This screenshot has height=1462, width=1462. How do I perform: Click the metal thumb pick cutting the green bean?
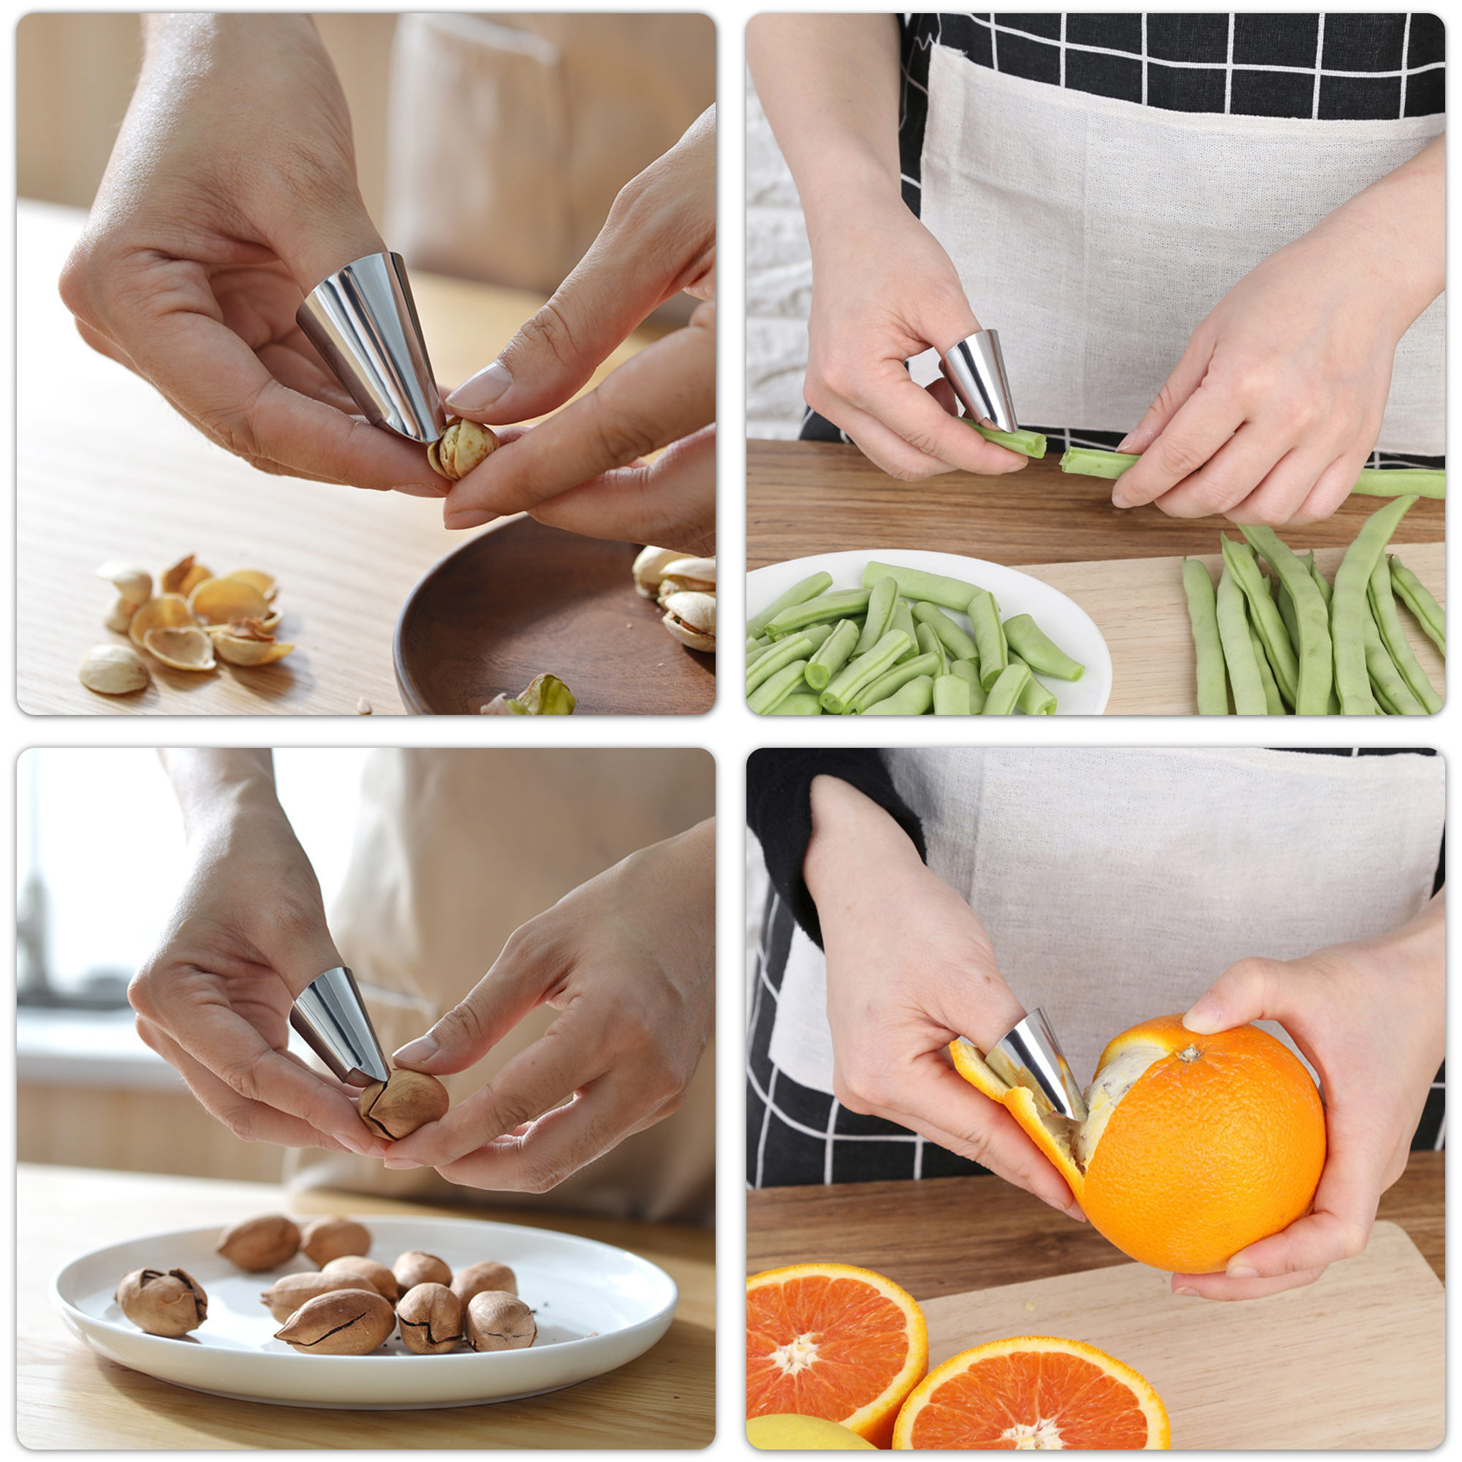(x=981, y=379)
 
